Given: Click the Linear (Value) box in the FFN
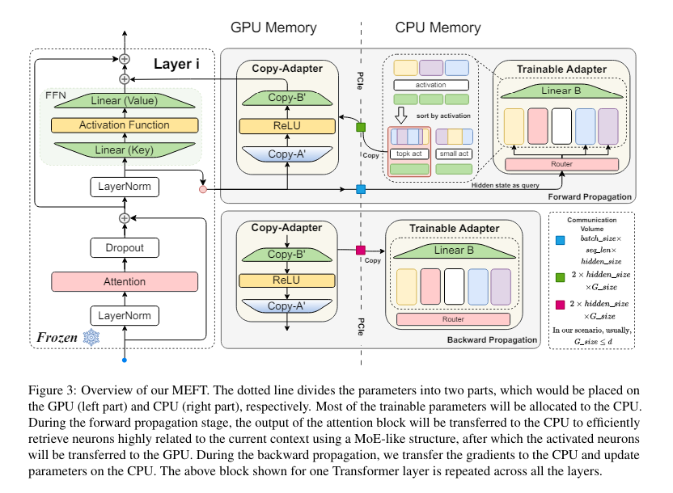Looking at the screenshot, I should tap(124, 100).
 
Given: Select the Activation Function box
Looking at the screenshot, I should tap(124, 125).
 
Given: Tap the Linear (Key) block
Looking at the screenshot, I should tap(124, 150).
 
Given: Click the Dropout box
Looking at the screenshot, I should tap(124, 249).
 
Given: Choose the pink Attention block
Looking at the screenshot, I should tap(124, 282).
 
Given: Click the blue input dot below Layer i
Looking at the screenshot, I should tap(124, 359).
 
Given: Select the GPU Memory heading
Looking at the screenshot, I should tap(273, 28).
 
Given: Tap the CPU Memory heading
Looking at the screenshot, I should tap(438, 28).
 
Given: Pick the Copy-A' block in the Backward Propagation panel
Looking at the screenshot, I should tap(287, 306).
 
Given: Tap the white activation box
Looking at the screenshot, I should tap(430, 85).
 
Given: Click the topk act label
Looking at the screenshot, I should tap(409, 154).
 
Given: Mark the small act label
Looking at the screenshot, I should tap(454, 154).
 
